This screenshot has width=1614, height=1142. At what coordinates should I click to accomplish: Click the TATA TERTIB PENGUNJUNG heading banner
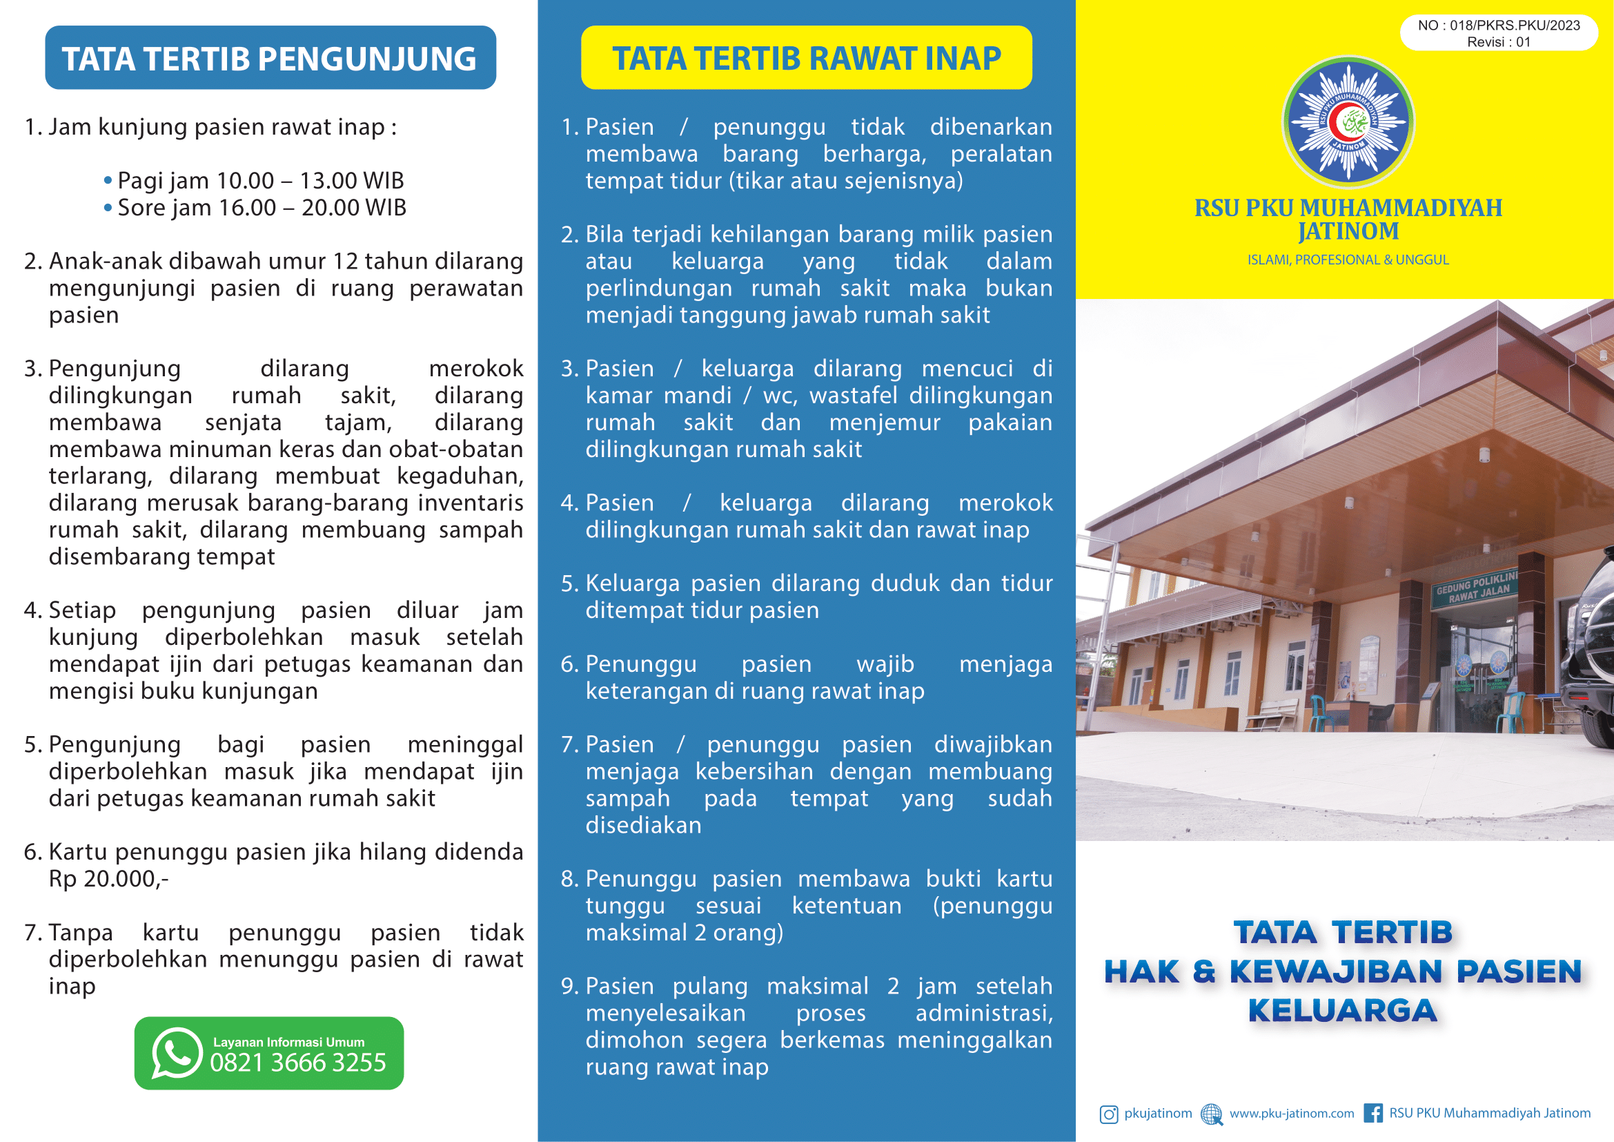(270, 58)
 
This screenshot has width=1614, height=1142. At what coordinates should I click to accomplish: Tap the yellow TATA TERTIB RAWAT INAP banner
(806, 58)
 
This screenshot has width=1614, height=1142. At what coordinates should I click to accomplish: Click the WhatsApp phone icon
(177, 1053)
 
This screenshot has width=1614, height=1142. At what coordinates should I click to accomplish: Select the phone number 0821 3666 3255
(298, 1063)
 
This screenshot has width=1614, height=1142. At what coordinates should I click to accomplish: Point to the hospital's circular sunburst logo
(1348, 122)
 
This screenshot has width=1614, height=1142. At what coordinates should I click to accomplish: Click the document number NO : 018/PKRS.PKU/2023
(1499, 26)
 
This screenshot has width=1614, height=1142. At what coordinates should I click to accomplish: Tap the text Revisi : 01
(1498, 42)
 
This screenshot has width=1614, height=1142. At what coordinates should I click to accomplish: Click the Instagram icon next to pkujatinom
(1109, 1114)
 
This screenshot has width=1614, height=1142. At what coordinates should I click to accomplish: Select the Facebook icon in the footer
(1372, 1113)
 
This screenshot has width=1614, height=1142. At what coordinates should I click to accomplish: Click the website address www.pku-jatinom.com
(1291, 1113)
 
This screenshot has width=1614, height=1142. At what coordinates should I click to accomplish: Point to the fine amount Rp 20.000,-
(108, 879)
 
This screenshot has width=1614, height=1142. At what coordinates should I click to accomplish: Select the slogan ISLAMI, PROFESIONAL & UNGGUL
(1348, 260)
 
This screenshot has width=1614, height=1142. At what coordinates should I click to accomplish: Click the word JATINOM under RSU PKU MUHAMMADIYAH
(1348, 231)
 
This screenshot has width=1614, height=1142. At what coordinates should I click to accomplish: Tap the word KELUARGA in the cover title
(1342, 1011)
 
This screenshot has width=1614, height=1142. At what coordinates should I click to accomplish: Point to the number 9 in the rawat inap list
(568, 986)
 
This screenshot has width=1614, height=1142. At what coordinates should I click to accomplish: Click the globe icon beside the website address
(1211, 1114)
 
